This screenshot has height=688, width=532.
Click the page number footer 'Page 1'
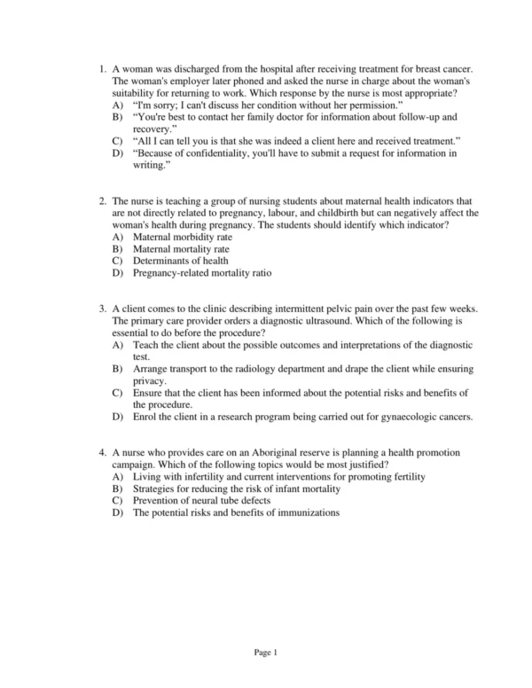tap(266, 653)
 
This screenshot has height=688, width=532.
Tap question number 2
tap(102, 201)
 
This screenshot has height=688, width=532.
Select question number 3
tap(102, 309)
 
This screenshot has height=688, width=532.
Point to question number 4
tap(102, 453)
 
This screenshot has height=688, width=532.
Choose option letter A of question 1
tap(118, 105)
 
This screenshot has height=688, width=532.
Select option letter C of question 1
tap(118, 141)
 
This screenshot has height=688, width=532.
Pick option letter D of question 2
tap(118, 273)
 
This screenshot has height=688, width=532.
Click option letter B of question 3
tap(118, 368)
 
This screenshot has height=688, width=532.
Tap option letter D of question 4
tap(118, 512)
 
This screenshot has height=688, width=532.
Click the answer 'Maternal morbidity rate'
tap(183, 238)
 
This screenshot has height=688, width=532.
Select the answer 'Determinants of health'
tap(180, 262)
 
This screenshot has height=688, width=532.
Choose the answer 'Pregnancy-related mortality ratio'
tap(202, 273)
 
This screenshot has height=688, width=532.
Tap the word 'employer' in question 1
tap(187, 82)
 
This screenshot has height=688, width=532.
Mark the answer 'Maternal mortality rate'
tap(181, 249)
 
